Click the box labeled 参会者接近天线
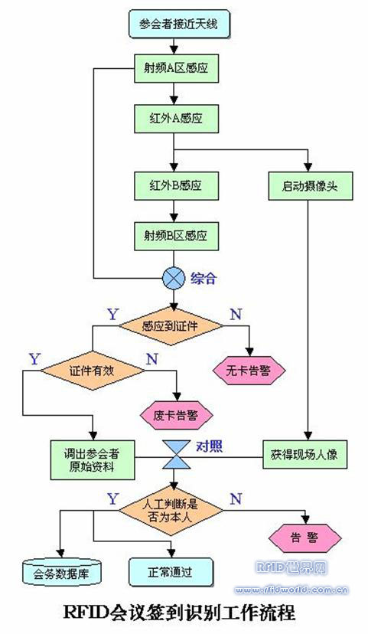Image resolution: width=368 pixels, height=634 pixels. [x=176, y=24]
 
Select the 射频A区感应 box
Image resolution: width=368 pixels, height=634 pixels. [x=175, y=70]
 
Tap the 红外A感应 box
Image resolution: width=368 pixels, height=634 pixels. [x=175, y=118]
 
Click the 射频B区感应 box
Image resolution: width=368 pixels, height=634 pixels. [x=175, y=233]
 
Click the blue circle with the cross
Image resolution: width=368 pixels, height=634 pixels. [x=175, y=276]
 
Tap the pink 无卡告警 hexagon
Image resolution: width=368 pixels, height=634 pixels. [x=249, y=371]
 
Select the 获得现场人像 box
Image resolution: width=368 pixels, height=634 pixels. [x=310, y=456]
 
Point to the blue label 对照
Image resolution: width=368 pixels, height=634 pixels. [x=210, y=444]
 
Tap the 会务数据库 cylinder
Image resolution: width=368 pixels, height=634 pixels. [x=60, y=570]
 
